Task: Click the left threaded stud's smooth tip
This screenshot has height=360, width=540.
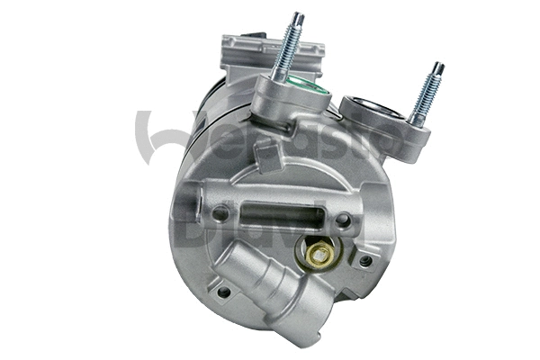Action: (298, 19)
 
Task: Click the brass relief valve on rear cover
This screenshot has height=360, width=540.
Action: (318, 256)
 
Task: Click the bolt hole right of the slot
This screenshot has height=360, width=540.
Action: (343, 219)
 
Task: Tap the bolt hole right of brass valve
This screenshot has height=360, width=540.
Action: (364, 261)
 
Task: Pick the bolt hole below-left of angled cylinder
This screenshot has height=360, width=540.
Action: (222, 292)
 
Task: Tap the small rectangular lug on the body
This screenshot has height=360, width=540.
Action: (266, 155)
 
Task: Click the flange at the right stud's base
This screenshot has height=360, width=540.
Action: (400, 136)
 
